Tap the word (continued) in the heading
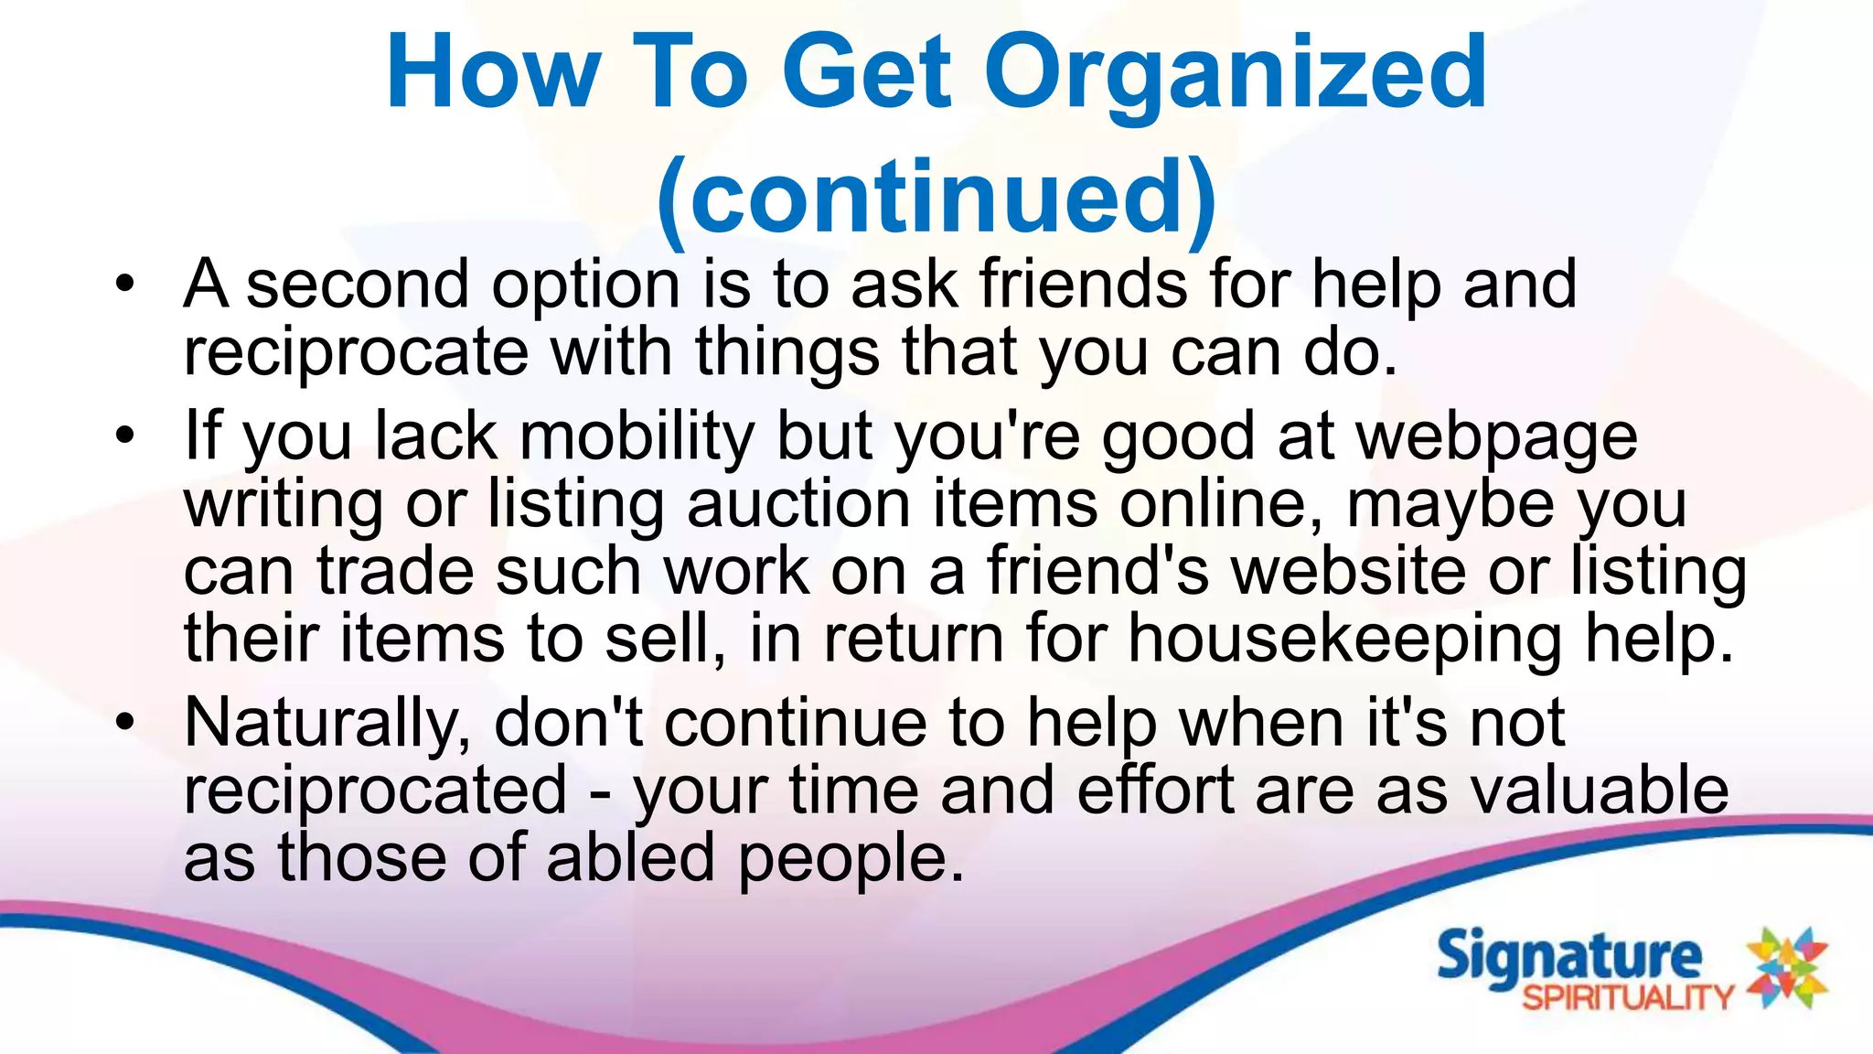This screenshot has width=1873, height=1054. pos(936,198)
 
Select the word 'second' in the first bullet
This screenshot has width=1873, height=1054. pos(359,285)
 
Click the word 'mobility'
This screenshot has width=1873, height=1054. pos(637,437)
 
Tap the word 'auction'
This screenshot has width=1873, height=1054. pos(798,504)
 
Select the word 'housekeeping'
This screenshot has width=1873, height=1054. pos(1344,640)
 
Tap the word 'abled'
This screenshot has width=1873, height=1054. pos(630,858)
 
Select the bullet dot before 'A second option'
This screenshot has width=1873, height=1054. pos(125,283)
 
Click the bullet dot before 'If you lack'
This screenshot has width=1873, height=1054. pos(125,435)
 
